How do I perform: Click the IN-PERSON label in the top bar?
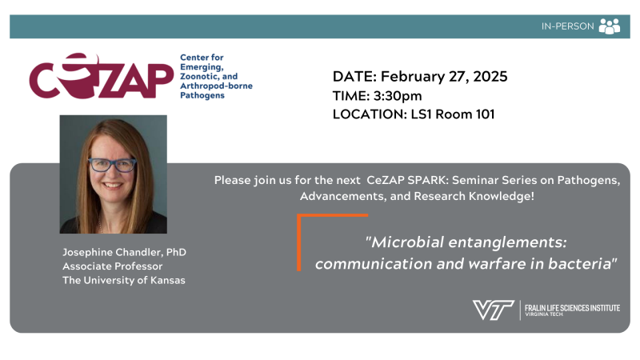(x=567, y=26)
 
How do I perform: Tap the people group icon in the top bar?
(x=610, y=26)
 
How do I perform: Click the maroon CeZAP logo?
(x=102, y=75)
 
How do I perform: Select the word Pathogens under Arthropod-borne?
(x=202, y=95)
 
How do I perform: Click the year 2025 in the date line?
(x=490, y=76)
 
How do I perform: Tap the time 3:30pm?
(x=398, y=96)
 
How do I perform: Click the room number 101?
(x=485, y=114)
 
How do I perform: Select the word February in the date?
(x=413, y=77)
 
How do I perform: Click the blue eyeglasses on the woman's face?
(x=112, y=165)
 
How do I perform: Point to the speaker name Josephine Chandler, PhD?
(x=124, y=252)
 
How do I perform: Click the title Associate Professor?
(x=112, y=266)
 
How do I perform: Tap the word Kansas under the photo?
(x=168, y=281)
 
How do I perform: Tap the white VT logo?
(x=493, y=310)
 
